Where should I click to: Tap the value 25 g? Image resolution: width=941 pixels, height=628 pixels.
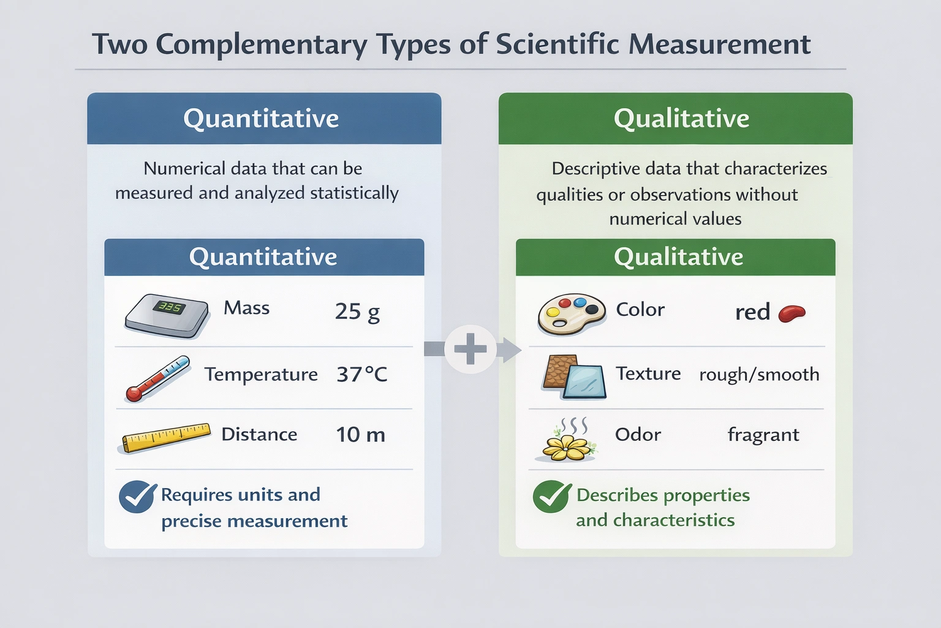tap(357, 312)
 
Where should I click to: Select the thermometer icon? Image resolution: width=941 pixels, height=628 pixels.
tap(157, 378)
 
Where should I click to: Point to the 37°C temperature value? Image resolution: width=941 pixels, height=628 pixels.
tap(362, 374)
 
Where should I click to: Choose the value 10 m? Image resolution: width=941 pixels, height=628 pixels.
tap(360, 435)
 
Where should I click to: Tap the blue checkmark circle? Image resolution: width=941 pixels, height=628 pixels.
tap(137, 496)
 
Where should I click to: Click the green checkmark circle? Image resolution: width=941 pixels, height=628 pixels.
tap(551, 496)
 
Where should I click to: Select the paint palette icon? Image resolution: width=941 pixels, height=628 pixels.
tap(571, 313)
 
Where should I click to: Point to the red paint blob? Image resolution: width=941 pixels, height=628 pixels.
tap(792, 313)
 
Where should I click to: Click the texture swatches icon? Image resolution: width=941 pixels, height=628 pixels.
tap(574, 377)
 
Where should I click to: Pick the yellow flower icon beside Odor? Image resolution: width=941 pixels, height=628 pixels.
tap(566, 443)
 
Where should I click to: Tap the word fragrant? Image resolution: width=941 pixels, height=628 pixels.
tap(763, 435)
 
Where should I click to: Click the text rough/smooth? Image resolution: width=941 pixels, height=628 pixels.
tap(759, 374)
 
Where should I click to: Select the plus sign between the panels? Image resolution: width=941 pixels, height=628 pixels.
tap(470, 350)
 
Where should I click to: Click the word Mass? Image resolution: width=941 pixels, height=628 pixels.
tap(246, 308)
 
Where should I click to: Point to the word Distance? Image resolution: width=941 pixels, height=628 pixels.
tap(259, 434)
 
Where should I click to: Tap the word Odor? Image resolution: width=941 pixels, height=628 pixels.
tap(638, 434)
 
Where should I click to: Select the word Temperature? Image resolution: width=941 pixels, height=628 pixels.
tap(261, 374)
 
